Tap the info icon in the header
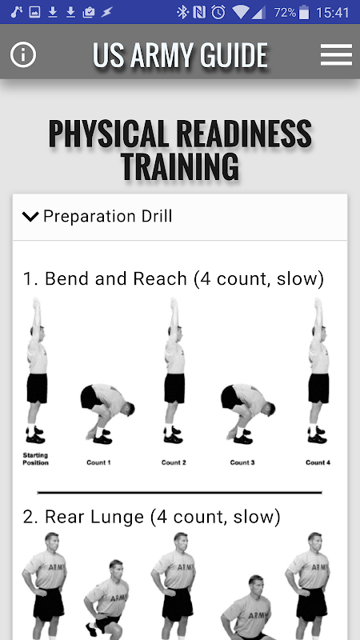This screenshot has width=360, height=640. pos(23,54)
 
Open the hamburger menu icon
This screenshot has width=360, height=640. pos(336,54)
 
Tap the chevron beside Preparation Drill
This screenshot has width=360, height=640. pos(30,216)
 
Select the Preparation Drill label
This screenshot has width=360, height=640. pos(108,216)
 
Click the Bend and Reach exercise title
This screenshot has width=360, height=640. pos(174,278)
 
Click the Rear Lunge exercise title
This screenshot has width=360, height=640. pos(152,517)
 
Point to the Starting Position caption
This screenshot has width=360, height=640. pos(35,458)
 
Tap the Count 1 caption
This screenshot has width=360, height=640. pos(98,462)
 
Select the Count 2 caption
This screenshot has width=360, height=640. pos(174,462)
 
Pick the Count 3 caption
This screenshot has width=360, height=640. pos(242,462)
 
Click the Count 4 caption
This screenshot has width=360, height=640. pos(318,462)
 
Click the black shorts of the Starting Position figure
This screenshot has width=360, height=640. pos(37,388)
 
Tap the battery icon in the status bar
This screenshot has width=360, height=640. pos(304,12)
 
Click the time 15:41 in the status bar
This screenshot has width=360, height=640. pos(333,13)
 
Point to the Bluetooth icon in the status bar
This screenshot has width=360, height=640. pos(182,12)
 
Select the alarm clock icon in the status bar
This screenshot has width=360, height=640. pos(218,12)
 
